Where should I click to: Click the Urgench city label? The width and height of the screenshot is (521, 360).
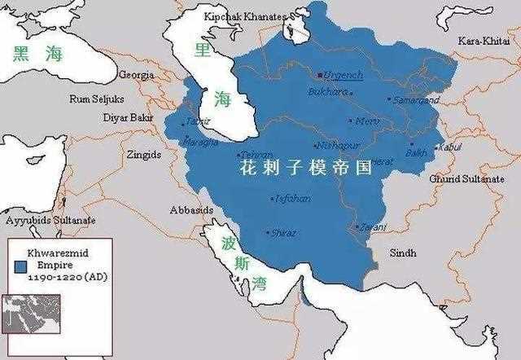tap(343, 74)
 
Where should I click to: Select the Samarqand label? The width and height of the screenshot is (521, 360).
tap(416, 100)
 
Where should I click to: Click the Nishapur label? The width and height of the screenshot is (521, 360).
tap(337, 145)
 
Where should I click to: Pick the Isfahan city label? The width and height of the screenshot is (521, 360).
tap(292, 198)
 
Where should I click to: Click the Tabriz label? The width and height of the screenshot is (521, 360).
tap(198, 121)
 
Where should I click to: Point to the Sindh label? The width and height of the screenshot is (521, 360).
tap(404, 252)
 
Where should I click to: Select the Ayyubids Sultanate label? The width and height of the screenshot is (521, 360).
tap(50, 221)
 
